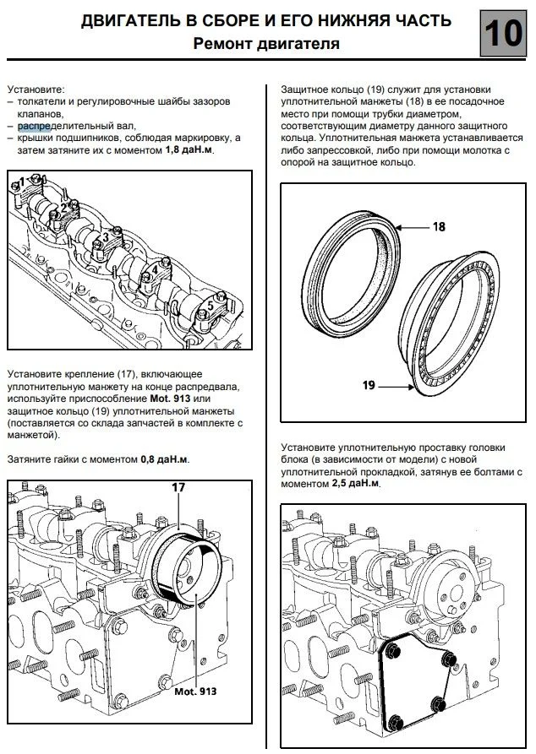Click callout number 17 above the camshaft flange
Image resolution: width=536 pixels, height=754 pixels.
coord(178,486)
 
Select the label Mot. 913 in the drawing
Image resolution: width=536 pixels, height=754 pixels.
coord(195,691)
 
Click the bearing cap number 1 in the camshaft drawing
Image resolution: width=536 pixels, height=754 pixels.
coord(23,181)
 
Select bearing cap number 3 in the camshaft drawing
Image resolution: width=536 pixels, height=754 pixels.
coord(106,238)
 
